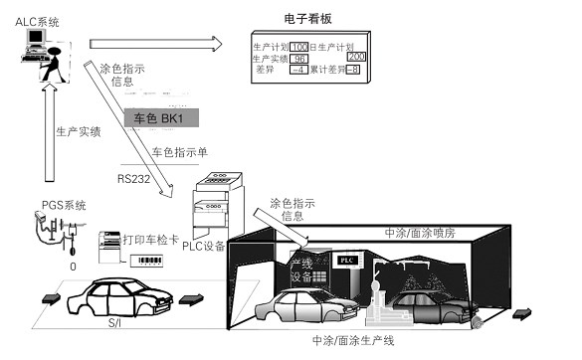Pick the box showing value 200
point(356,58)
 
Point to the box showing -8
point(351,70)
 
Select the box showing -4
point(297,70)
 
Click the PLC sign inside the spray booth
point(346,259)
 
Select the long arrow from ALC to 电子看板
point(154,43)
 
